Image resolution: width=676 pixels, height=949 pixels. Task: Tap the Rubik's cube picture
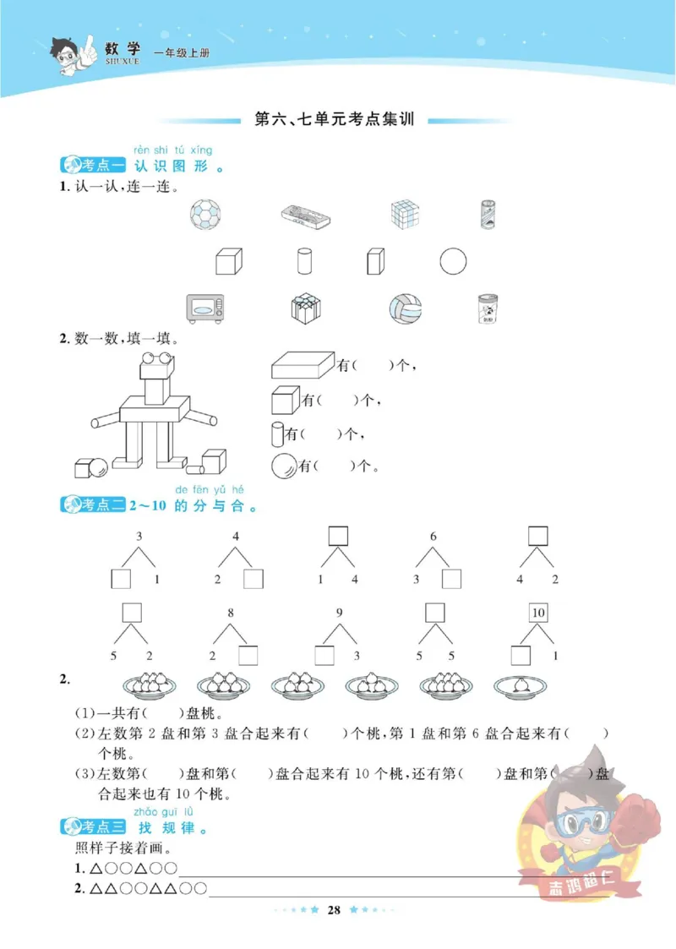(x=405, y=214)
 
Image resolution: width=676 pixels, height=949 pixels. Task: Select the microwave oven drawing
(x=205, y=308)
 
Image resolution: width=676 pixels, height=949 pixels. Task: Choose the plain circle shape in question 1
(x=452, y=261)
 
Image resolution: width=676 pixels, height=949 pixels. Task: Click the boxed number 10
(x=537, y=613)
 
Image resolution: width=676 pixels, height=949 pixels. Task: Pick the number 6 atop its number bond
(x=433, y=537)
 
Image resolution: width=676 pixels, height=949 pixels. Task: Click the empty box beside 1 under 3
(x=122, y=579)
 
